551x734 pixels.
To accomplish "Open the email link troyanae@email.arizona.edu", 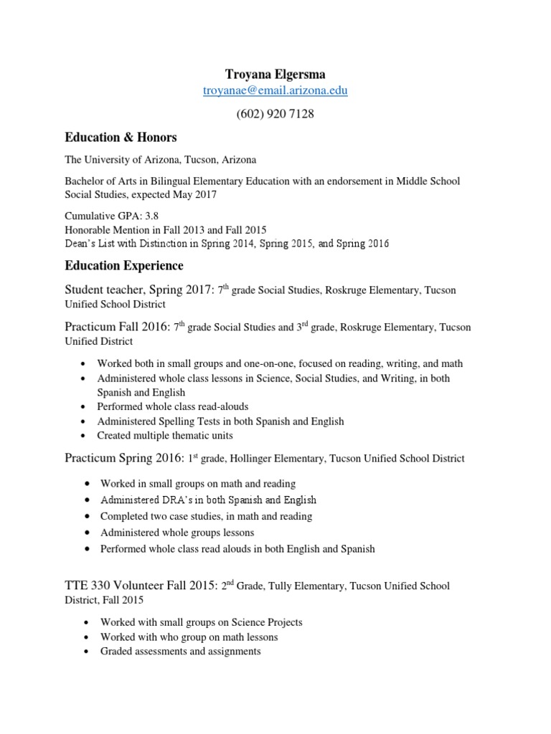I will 275,92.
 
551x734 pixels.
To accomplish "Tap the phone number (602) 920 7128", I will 275,115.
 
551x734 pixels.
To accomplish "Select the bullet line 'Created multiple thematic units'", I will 165,436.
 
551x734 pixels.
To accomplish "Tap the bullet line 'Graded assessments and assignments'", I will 180,652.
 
